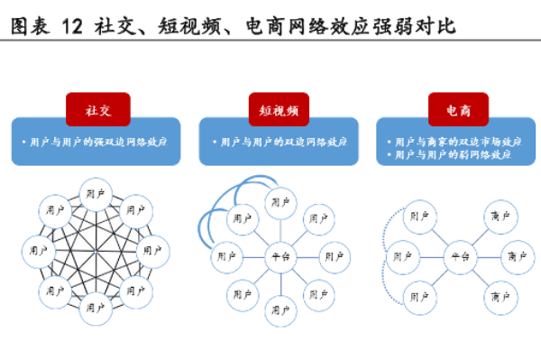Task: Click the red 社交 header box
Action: (97, 109)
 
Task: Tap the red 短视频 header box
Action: (279, 109)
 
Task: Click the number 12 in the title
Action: (72, 26)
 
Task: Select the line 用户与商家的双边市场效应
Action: (458, 142)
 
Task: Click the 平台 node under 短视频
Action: (279, 257)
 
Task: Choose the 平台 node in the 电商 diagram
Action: (460, 257)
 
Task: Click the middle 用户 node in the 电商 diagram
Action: (403, 257)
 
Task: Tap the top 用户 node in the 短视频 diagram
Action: (279, 200)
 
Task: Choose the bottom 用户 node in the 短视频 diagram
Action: (279, 312)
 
